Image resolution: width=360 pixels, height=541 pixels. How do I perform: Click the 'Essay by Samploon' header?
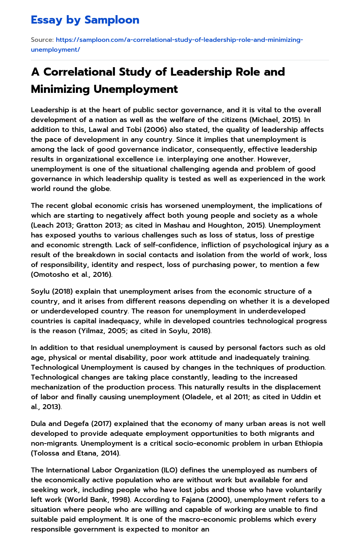pyautogui.click(x=85, y=20)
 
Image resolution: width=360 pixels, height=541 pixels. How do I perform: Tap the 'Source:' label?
pyautogui.click(x=42, y=40)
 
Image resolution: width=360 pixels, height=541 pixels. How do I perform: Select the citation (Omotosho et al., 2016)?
pyautogui.click(x=72, y=274)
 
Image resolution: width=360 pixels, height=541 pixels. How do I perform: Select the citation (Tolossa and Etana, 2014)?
pyautogui.click(x=76, y=453)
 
